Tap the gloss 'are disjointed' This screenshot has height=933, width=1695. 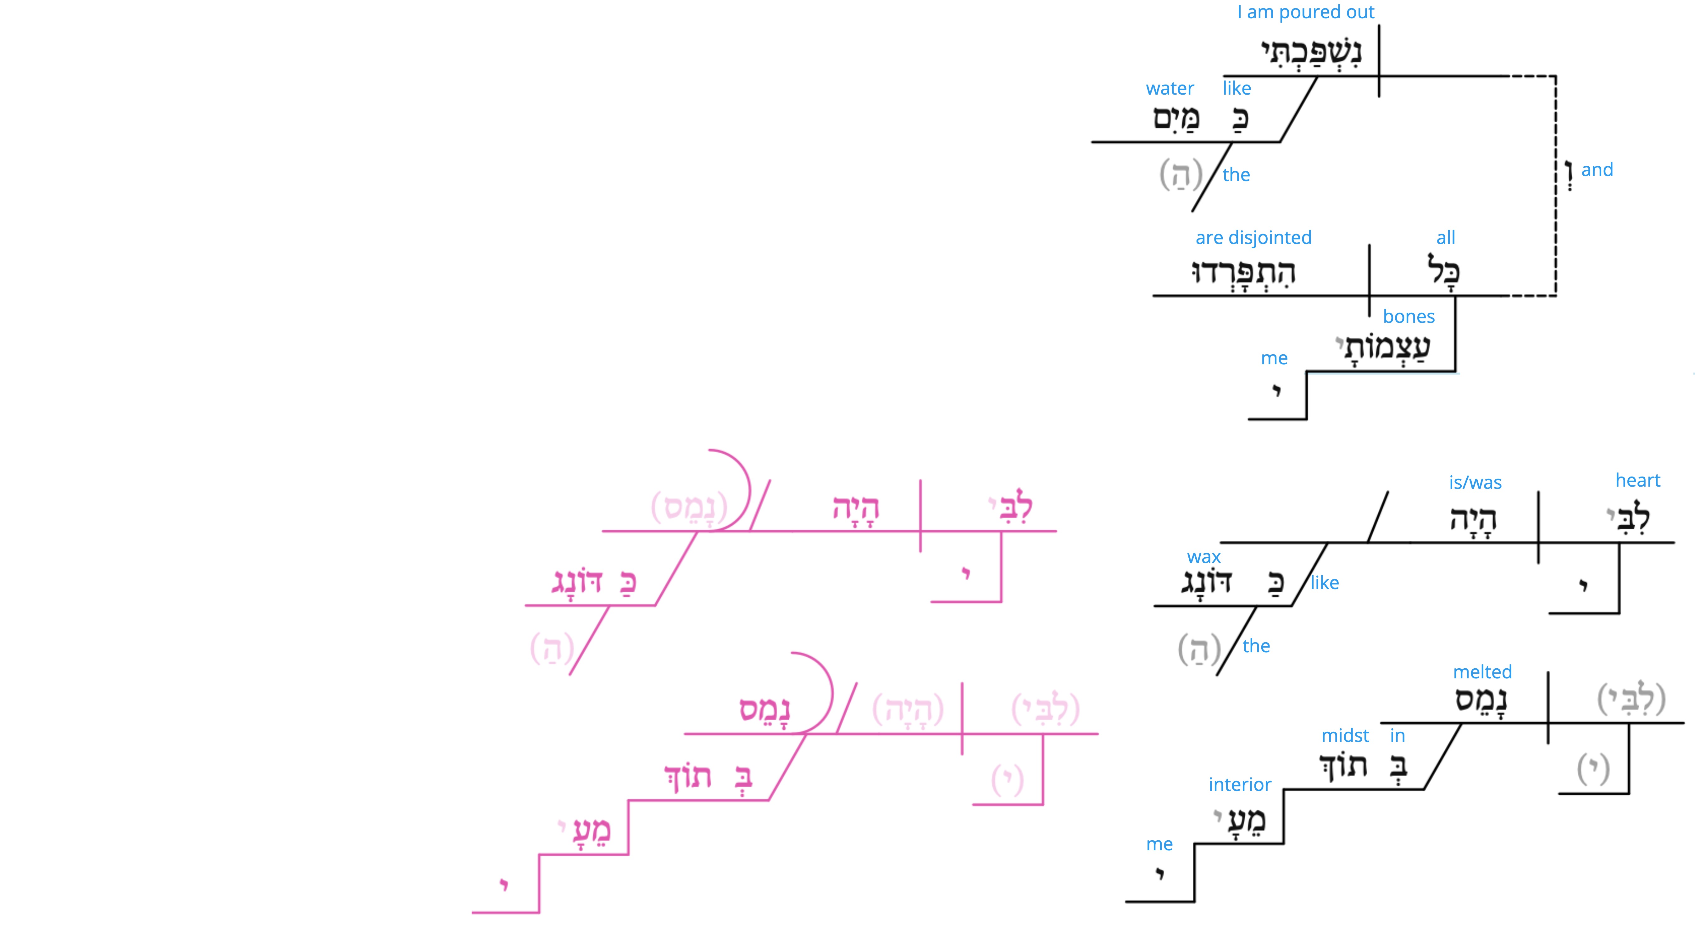pyautogui.click(x=1253, y=238)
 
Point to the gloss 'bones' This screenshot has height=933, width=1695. pyautogui.click(x=1409, y=317)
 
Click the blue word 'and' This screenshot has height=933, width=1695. pyautogui.click(x=1597, y=170)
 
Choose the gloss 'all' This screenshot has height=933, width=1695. pyautogui.click(x=1446, y=238)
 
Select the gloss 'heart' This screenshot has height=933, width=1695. pyautogui.click(x=1638, y=480)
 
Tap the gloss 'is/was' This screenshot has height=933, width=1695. pyautogui.click(x=1475, y=482)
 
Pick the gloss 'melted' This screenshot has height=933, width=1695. pyautogui.click(x=1482, y=672)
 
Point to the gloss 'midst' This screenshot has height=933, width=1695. pyautogui.click(x=1345, y=736)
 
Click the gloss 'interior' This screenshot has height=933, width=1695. pyautogui.click(x=1240, y=784)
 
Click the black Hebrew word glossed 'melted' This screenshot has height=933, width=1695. pyautogui.click(x=1481, y=700)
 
